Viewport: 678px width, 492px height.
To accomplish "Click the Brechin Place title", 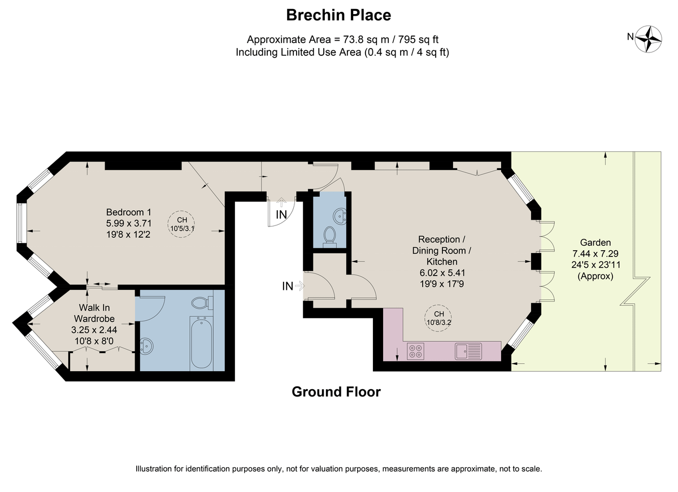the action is tap(338, 15).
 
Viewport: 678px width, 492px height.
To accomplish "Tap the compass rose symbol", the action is tap(649, 39).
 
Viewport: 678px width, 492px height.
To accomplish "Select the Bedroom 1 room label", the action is tap(129, 212).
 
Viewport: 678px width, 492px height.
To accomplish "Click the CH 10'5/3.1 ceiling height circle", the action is tap(181, 224).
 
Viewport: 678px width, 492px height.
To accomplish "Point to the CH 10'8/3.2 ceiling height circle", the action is tap(438, 318).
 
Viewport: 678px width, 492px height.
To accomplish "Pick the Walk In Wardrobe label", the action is tap(94, 313).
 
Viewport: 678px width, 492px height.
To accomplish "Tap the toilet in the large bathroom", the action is tap(202, 303).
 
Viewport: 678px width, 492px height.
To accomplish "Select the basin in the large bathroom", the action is tap(146, 346).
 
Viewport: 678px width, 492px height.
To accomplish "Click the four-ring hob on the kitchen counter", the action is tap(415, 351).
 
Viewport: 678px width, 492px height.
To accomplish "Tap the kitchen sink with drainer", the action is tap(468, 351).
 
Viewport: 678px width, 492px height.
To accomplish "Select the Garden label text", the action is tap(591, 242).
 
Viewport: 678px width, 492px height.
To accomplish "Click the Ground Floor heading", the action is tap(336, 392).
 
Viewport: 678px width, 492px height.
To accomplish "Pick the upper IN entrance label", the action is tap(281, 215).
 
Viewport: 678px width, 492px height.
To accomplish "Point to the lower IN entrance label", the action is tap(288, 286).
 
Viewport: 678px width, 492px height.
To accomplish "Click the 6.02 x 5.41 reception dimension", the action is tap(442, 273).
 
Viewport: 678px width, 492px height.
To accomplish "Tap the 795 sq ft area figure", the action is tap(418, 40).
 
